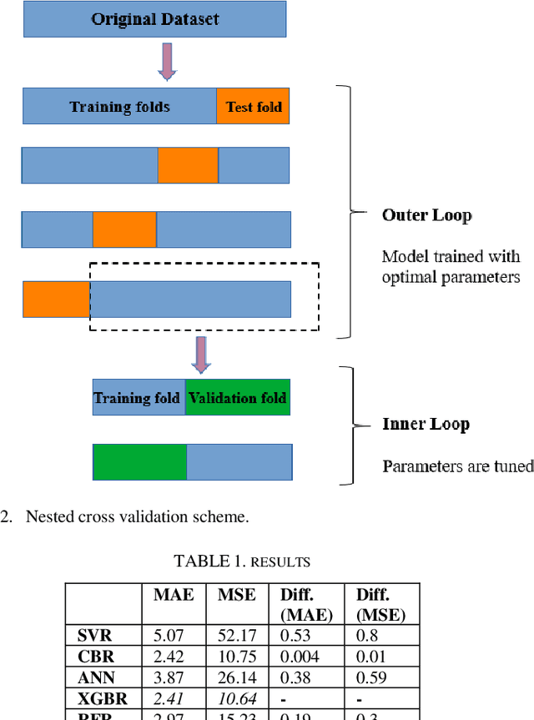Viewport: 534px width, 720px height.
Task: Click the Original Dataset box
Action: tap(156, 19)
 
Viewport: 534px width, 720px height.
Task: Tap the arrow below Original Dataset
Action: tap(168, 62)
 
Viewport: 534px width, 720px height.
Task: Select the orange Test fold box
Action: tap(253, 106)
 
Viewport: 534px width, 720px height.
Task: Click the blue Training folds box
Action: tap(120, 106)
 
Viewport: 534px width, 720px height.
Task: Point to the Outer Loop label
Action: tap(426, 214)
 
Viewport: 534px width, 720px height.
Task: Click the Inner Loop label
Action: tap(426, 424)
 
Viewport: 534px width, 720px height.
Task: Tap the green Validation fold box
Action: tap(237, 398)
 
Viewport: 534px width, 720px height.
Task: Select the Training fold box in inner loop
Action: tap(138, 398)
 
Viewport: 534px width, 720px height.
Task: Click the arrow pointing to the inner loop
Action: tap(201, 354)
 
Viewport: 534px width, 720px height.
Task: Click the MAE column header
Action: tap(174, 595)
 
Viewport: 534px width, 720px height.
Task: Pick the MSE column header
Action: tap(238, 595)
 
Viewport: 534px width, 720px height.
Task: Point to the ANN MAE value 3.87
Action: tap(174, 677)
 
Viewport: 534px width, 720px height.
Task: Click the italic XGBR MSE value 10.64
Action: tap(238, 697)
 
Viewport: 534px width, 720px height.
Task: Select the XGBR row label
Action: tap(97, 697)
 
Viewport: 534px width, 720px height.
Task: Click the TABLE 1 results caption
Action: tap(242, 560)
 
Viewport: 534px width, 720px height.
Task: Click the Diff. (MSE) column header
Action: tap(381, 604)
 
